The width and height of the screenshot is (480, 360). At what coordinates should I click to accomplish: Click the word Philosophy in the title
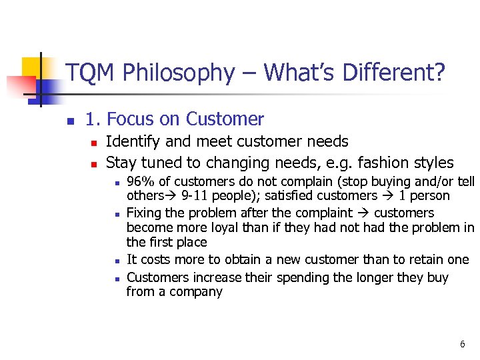(179, 73)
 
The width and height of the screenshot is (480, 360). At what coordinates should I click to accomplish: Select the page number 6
(462, 344)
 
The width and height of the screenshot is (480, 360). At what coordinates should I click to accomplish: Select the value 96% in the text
(139, 182)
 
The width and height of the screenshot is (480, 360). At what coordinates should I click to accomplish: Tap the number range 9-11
(196, 196)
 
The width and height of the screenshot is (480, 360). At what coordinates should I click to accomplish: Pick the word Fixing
(145, 213)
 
